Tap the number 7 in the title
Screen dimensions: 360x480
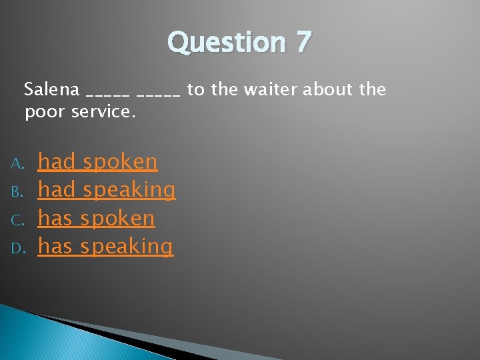pos(303,43)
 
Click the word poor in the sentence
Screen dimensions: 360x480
pos(43,111)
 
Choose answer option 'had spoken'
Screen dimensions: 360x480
pos(97,161)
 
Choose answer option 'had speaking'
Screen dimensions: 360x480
pos(107,190)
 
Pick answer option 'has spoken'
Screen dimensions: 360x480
pos(96,218)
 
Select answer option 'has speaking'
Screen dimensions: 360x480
pos(105,247)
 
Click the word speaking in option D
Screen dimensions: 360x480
pos(127,247)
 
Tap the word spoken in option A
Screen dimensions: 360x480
pos(120,161)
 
